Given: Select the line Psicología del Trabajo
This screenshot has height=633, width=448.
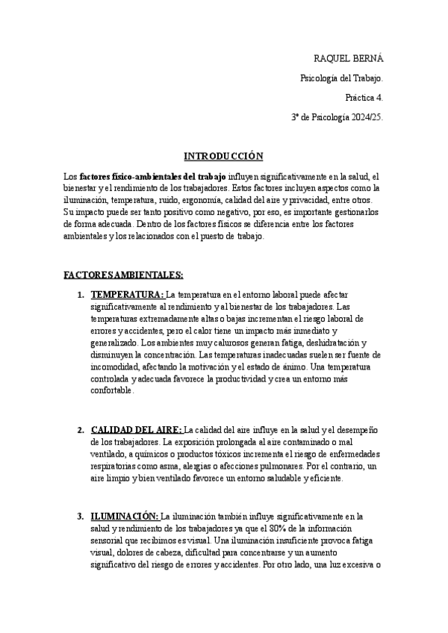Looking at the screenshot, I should tap(341, 77).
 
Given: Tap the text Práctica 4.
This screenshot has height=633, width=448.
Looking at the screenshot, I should tap(364, 97).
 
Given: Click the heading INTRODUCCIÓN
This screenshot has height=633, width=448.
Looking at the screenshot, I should tap(224, 156).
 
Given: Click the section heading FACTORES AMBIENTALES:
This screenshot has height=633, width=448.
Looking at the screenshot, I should tap(123, 275).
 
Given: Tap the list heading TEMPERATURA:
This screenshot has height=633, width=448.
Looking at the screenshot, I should tap(127, 295).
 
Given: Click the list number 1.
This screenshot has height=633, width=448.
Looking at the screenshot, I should tap(80, 295).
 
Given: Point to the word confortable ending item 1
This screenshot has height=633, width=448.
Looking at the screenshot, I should tap(112, 390).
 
